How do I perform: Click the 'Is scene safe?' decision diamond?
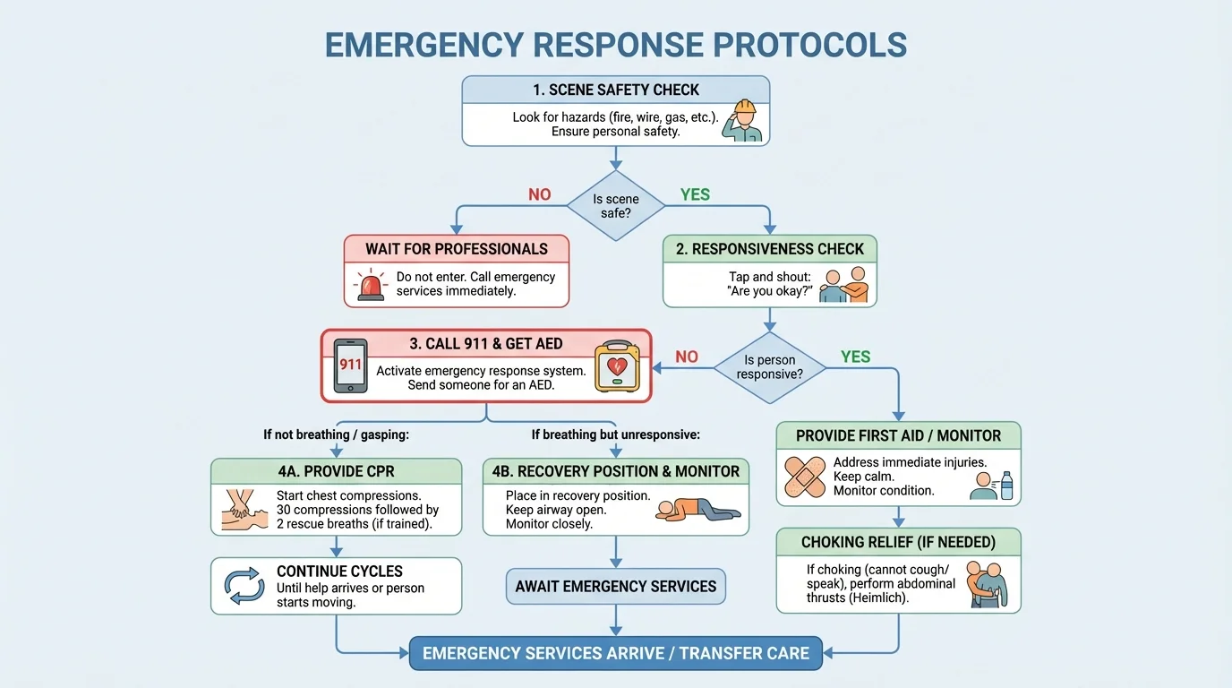point(616,206)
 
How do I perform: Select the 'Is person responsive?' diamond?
point(769,367)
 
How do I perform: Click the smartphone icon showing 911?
point(350,365)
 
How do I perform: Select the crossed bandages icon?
point(804,477)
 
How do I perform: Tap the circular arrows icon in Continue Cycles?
point(244,586)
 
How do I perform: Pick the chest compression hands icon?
point(242,510)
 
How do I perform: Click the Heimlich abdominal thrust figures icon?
point(988,584)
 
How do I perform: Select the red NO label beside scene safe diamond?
point(540,194)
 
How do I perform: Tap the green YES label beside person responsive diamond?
point(855,357)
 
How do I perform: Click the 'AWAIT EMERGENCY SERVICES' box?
point(616,587)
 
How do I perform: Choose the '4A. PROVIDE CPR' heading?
point(336,471)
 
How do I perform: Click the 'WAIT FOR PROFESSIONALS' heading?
point(457,248)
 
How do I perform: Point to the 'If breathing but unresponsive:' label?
point(615,434)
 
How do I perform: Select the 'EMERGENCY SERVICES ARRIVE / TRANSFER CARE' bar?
point(616,653)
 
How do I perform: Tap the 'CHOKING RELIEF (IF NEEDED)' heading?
point(898,542)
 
